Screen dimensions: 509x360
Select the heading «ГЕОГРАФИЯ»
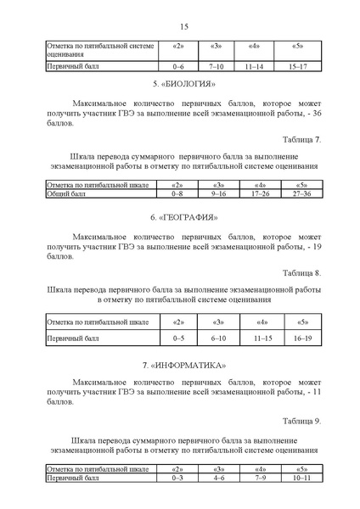point(183,219)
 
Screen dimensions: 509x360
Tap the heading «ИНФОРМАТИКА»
point(183,365)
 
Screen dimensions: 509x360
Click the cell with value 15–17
point(298,64)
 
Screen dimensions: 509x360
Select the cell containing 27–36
point(301,194)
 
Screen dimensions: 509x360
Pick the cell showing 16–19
point(301,338)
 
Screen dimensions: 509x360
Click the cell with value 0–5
point(177,338)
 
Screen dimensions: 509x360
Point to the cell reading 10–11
point(301,478)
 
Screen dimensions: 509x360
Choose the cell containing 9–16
point(217,194)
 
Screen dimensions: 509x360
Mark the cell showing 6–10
point(217,338)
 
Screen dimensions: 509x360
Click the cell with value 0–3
point(177,478)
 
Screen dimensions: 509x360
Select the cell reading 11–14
point(254,64)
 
